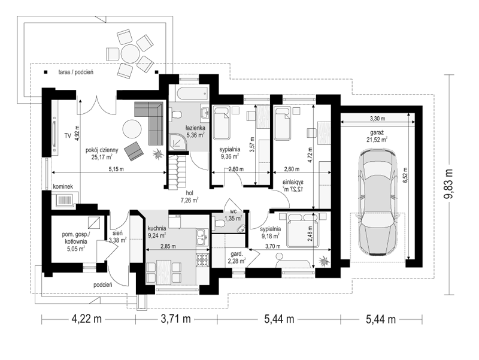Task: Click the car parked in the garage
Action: [x=378, y=202]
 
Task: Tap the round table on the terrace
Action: [x=130, y=54]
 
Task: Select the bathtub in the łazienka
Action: [x=192, y=94]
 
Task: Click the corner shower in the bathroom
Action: [x=177, y=143]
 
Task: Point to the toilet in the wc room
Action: [x=219, y=223]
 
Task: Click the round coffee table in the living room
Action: [x=132, y=129]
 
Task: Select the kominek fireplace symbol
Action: [x=65, y=200]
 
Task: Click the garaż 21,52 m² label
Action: [x=377, y=137]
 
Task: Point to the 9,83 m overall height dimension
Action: [x=448, y=184]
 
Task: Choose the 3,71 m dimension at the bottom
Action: [x=176, y=319]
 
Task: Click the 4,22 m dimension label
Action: [x=86, y=319]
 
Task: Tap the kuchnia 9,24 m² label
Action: [x=157, y=232]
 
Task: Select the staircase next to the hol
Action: [x=177, y=172]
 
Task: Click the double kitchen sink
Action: [x=202, y=237]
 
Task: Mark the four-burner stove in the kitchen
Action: [x=202, y=260]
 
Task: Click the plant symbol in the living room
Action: [x=157, y=154]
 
